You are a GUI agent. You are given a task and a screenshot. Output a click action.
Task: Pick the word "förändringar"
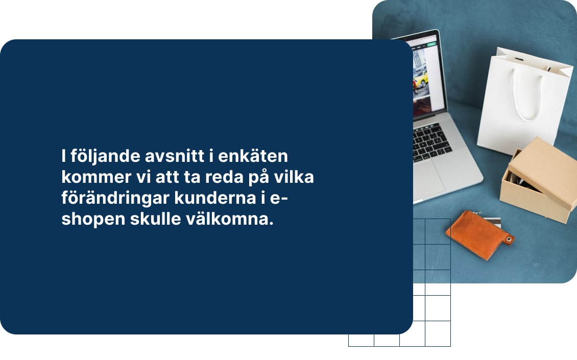coord(108,200)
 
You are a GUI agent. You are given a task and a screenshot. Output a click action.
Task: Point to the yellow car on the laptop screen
coord(420,79)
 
